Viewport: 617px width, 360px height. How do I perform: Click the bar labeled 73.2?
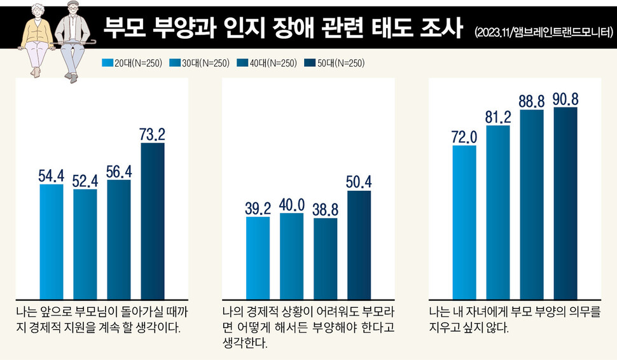point(152,219)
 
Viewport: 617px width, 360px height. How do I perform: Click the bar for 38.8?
point(326,258)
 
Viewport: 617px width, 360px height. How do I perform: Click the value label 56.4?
point(119,171)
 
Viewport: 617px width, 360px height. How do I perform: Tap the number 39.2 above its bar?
point(258,208)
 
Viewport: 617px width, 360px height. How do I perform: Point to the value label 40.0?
point(292,205)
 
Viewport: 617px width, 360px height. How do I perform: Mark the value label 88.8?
point(532,101)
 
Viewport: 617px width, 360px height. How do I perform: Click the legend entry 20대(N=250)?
point(132,63)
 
